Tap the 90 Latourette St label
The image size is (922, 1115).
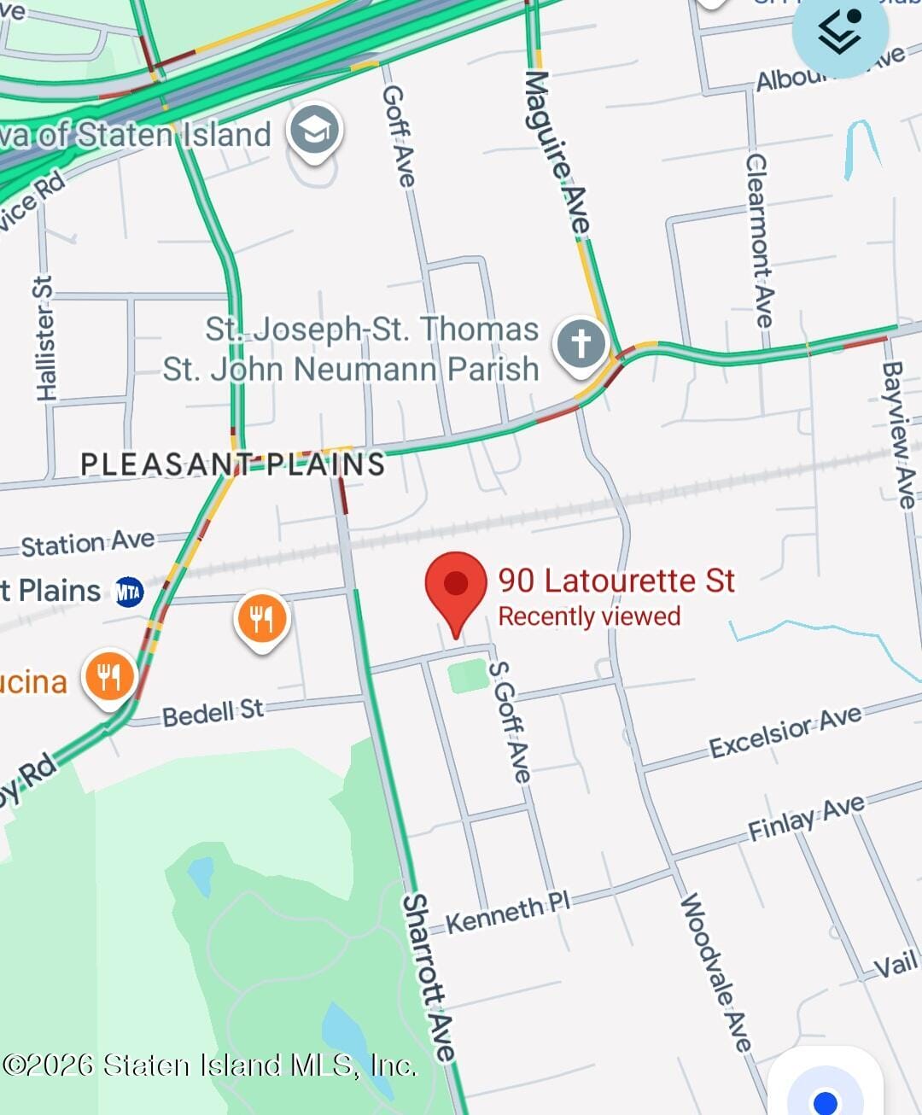(616, 581)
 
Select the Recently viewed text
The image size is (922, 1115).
(589, 616)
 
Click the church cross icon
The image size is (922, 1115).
(581, 344)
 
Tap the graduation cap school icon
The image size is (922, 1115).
(314, 131)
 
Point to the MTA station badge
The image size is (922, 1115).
(129, 592)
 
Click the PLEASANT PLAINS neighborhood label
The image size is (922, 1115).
(232, 464)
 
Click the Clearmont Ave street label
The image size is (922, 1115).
(759, 241)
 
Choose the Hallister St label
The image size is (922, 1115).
(44, 338)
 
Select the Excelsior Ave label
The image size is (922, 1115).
(785, 733)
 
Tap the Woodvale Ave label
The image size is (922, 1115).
(715, 973)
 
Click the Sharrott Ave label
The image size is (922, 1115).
(429, 978)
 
